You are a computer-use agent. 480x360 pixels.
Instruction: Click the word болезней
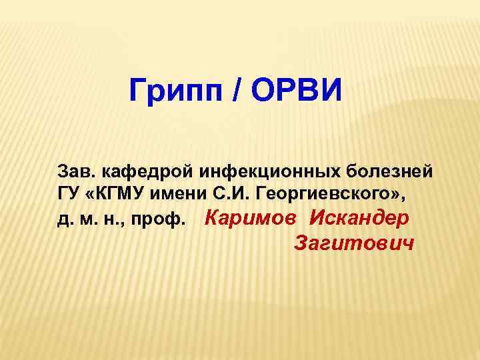[x=388, y=171]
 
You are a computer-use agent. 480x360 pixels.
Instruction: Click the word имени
[x=185, y=194]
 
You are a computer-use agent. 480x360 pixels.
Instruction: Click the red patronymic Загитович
[x=353, y=243]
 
